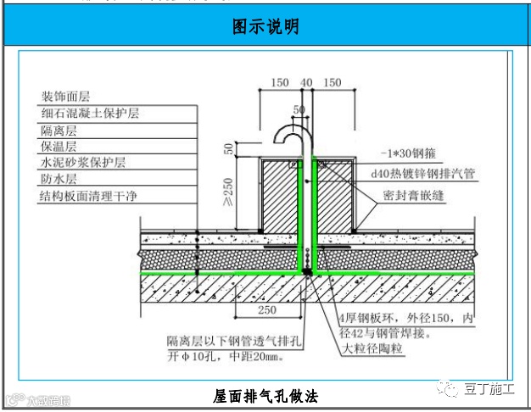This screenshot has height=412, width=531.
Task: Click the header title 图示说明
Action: point(265,26)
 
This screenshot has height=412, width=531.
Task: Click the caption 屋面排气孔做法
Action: point(265,396)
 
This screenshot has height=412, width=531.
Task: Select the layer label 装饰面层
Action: point(65,97)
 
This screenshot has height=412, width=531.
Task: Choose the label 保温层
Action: point(59,146)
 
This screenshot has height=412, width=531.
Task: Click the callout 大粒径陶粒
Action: point(372,348)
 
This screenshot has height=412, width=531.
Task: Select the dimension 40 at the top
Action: point(306,82)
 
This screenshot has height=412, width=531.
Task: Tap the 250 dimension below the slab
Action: point(266,311)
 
